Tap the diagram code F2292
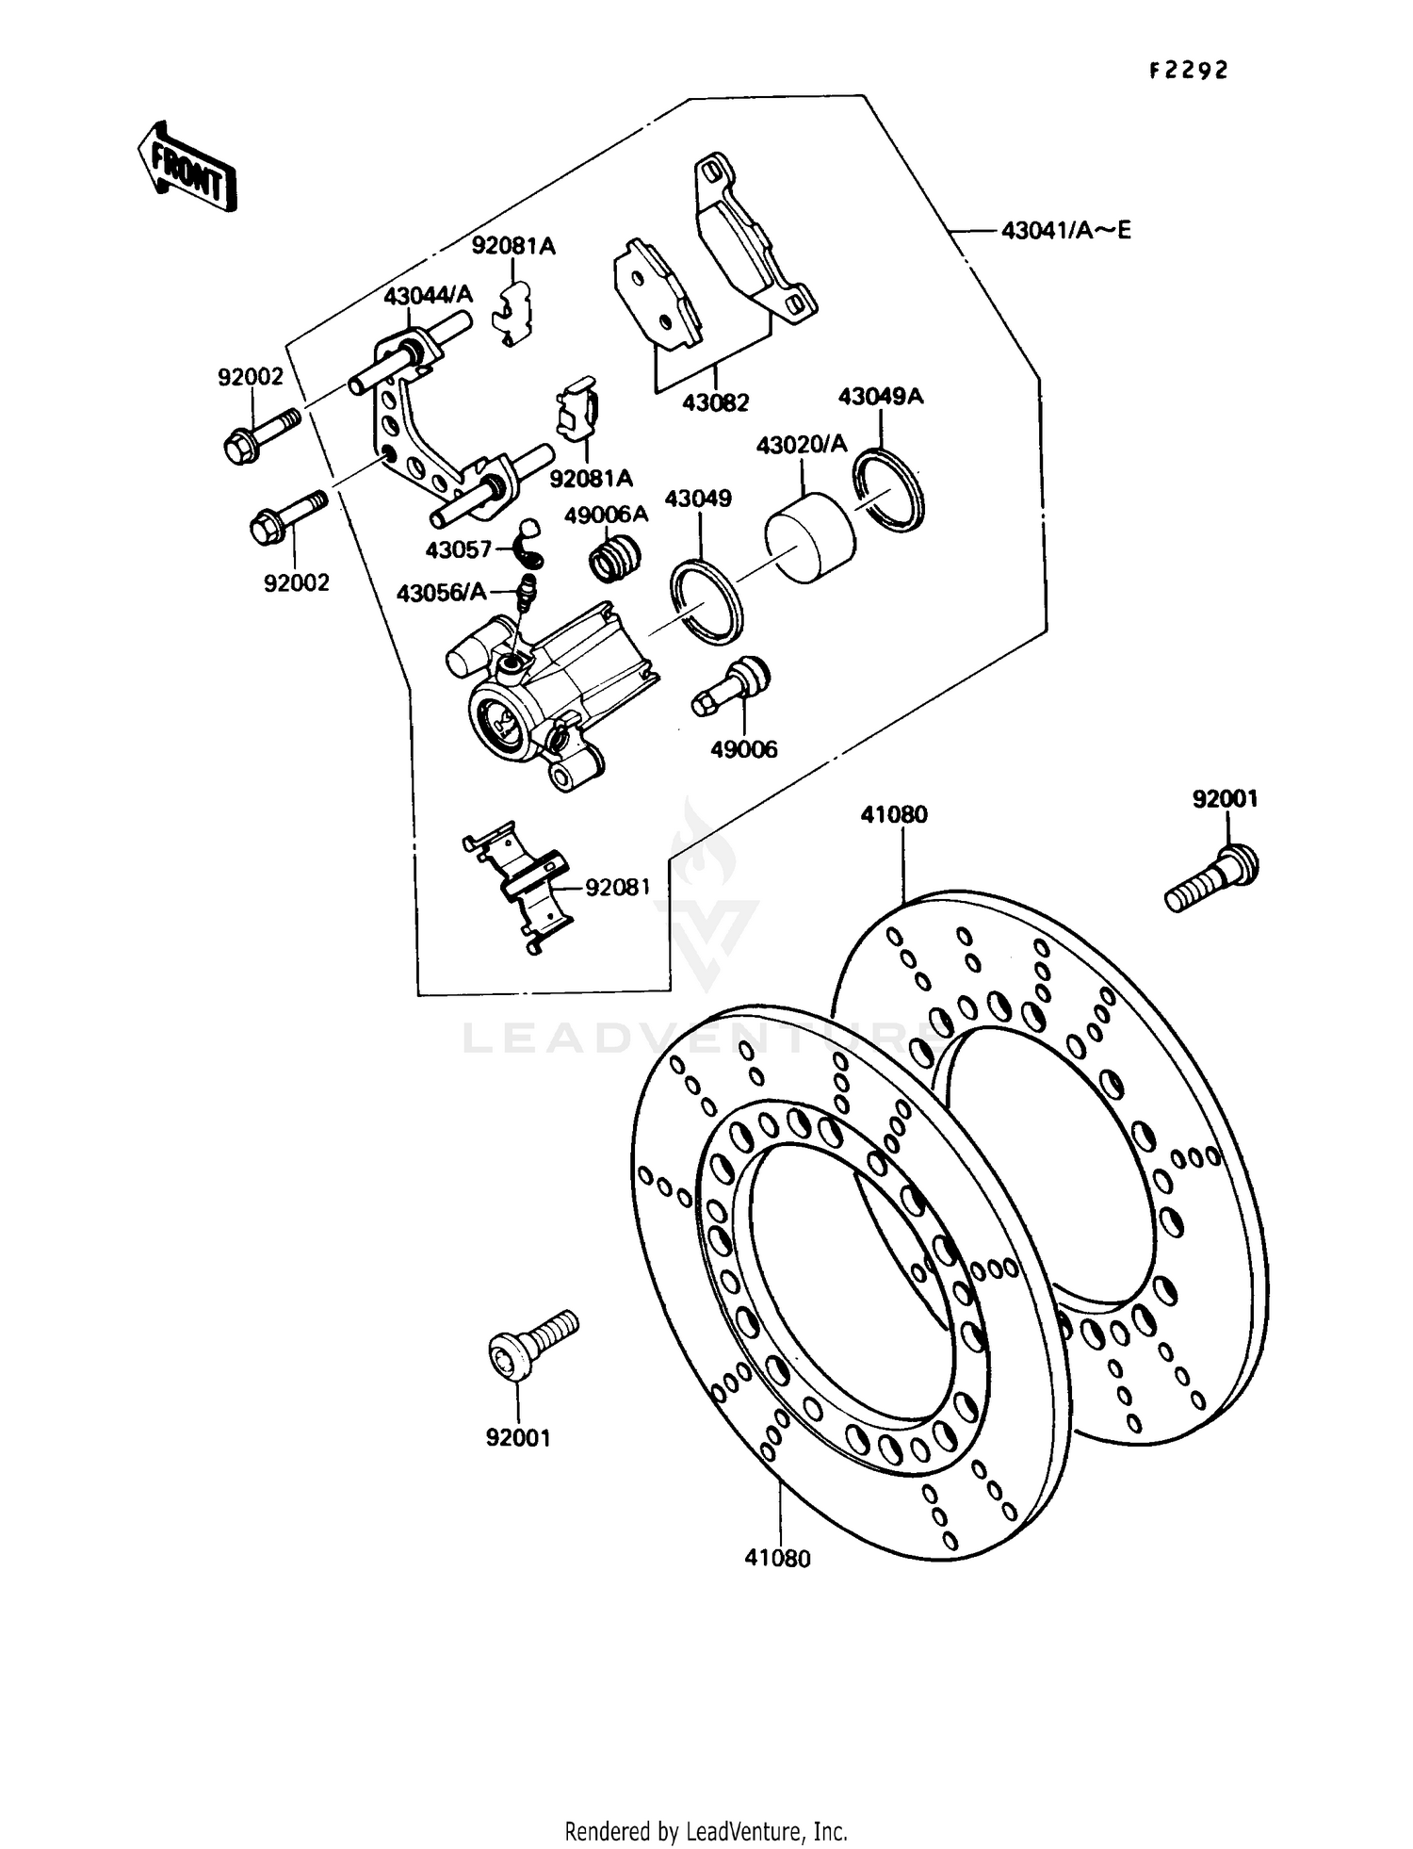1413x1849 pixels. (1188, 71)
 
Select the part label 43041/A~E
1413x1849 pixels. (1065, 230)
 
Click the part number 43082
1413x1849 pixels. (715, 403)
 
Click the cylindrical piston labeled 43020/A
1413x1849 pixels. (810, 534)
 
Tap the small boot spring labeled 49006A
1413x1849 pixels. (615, 556)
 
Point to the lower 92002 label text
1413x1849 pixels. (297, 582)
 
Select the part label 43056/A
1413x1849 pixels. (442, 593)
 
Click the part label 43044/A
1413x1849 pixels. (427, 296)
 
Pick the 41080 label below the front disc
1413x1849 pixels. (777, 1559)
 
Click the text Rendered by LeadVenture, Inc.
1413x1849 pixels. (706, 1830)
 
